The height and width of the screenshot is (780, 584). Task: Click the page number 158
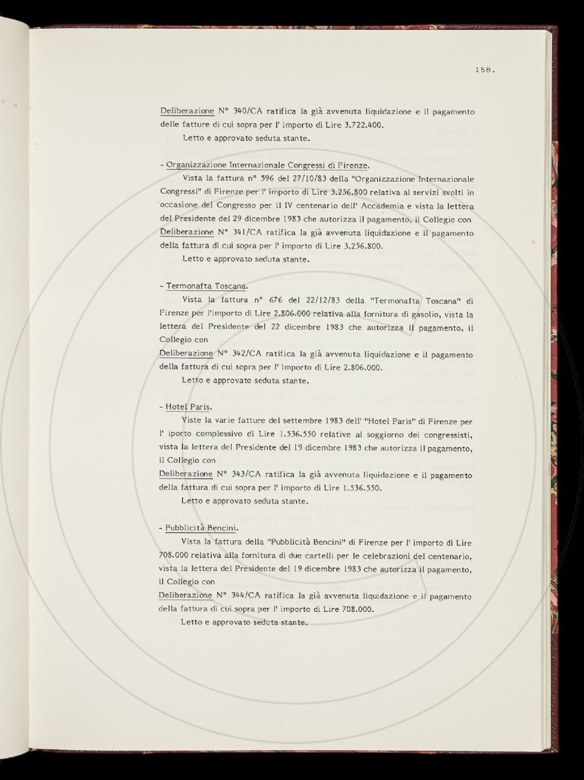click(484, 70)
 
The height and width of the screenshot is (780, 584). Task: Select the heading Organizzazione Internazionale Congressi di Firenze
click(267, 165)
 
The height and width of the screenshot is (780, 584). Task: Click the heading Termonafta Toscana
click(206, 286)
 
